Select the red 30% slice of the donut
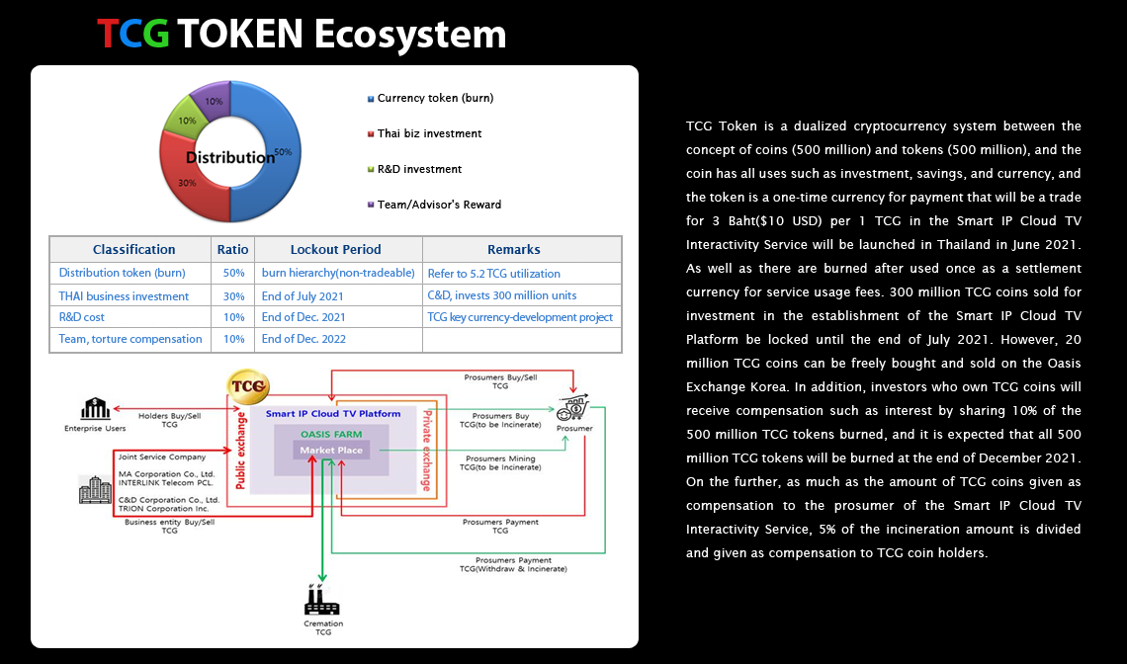[186, 183]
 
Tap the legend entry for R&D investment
[415, 170]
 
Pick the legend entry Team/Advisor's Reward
[434, 205]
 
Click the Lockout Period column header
[336, 249]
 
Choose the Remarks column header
[513, 249]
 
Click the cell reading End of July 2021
[303, 296]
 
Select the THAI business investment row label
[124, 296]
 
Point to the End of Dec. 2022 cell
[303, 339]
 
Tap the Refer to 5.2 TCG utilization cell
[493, 273]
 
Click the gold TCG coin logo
[248, 386]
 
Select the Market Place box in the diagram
[331, 451]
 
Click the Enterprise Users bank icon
[95, 409]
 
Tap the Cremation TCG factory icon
[321, 600]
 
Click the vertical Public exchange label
[241, 451]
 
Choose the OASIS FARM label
[331, 434]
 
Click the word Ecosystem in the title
[409, 34]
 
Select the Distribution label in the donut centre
[230, 157]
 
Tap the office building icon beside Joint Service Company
[95, 489]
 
